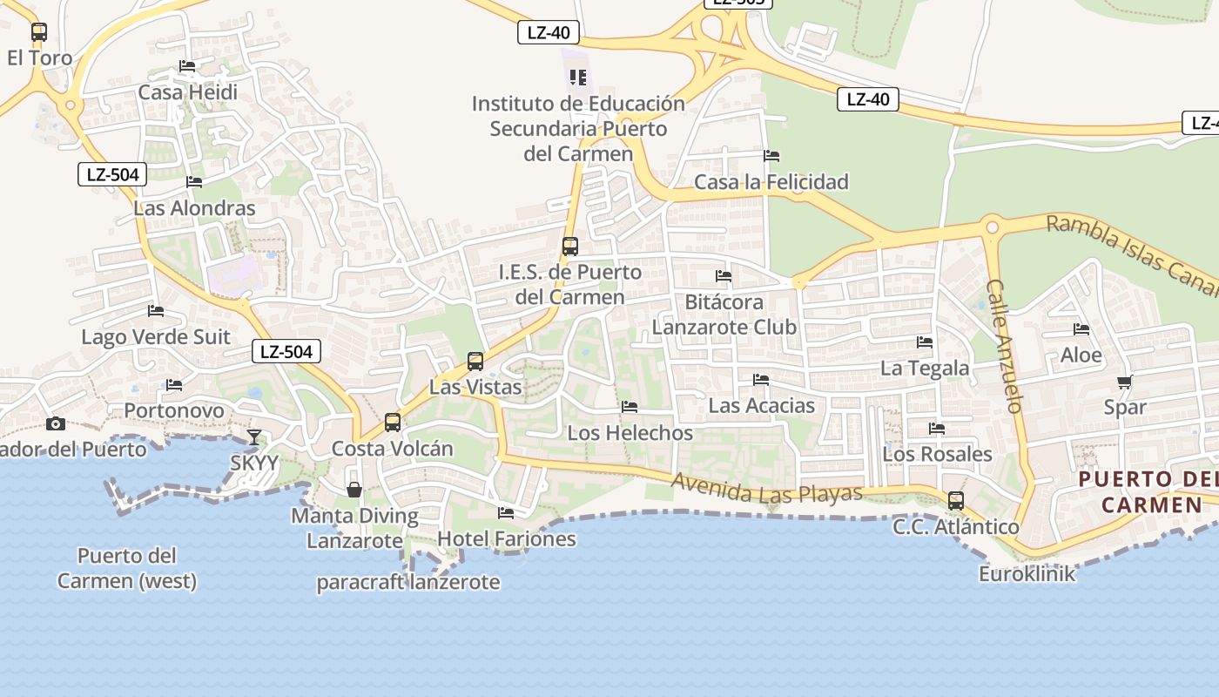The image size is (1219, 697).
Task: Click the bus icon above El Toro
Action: (39, 32)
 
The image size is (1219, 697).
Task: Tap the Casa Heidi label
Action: (187, 92)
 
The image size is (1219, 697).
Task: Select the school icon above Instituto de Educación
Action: (578, 78)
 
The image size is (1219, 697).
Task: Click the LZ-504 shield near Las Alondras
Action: (113, 174)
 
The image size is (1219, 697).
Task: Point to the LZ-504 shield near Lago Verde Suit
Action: (286, 352)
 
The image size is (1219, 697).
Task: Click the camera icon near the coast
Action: (56, 423)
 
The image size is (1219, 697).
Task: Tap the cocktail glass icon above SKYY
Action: (253, 436)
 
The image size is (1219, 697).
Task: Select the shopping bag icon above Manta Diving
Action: (354, 490)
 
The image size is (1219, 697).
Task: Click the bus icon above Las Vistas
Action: (475, 361)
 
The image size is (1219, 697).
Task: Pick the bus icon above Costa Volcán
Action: (393, 423)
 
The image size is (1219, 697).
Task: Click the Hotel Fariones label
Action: (506, 539)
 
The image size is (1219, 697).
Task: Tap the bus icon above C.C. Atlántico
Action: (956, 501)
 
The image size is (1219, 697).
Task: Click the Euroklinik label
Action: (1027, 574)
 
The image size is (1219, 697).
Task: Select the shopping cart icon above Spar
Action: (1125, 382)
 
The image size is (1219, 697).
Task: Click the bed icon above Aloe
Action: (1081, 329)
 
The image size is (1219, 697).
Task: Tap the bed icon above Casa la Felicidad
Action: (771, 156)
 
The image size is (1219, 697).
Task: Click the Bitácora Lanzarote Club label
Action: (724, 315)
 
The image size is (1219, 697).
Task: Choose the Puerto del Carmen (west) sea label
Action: (127, 568)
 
